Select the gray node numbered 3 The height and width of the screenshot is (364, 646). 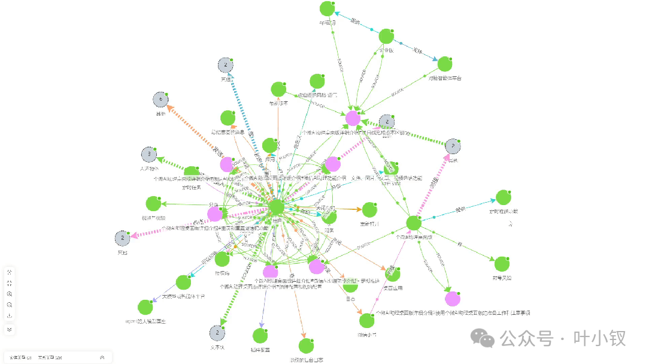(x=148, y=155)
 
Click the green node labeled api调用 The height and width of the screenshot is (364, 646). (x=326, y=9)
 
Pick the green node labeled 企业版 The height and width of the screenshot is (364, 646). (x=386, y=37)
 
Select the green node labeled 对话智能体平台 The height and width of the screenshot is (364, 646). (x=444, y=64)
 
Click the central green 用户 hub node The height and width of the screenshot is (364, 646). (x=276, y=207)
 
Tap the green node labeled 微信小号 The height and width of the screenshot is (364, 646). (x=366, y=320)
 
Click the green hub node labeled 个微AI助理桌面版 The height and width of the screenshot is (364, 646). (x=413, y=223)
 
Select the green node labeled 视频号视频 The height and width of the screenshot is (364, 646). (x=153, y=204)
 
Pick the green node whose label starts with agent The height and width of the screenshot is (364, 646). (x=145, y=307)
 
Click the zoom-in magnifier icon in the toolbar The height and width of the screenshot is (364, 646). (x=10, y=294)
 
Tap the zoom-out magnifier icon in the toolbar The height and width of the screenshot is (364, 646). (x=10, y=305)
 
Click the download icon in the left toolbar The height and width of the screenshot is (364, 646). (x=10, y=315)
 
